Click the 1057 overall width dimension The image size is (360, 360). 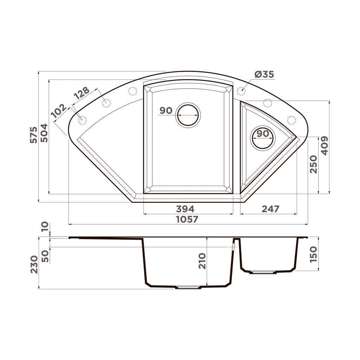point(187,219)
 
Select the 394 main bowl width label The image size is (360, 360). point(185,209)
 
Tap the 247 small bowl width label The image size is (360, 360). point(270,209)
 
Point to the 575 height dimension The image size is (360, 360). point(33,135)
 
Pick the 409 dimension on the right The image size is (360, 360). point(324,146)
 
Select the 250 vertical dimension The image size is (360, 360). point(313,164)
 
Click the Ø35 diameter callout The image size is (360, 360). point(264,75)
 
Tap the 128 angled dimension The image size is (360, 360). point(82,93)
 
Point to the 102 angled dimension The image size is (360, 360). point(59,111)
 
